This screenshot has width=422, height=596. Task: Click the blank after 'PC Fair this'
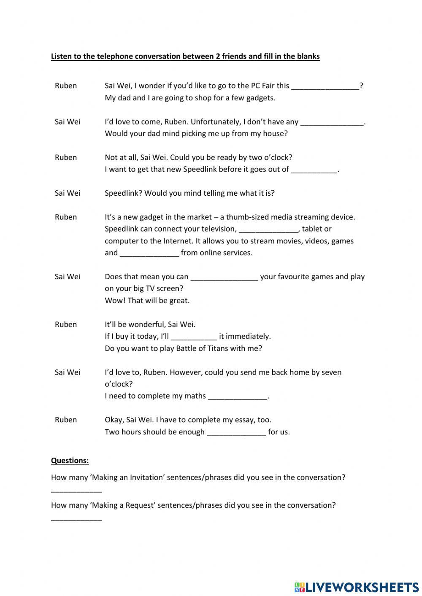[325, 86]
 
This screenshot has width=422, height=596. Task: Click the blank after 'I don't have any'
[332, 122]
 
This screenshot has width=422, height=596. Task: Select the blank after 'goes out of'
[314, 170]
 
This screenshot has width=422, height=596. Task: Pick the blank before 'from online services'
[149, 253]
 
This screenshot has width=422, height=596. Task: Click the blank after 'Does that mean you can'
[224, 277]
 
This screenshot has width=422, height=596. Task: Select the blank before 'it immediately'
[194, 337]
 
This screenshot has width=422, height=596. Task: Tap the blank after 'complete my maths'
[238, 396]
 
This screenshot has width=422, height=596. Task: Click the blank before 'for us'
[237, 432]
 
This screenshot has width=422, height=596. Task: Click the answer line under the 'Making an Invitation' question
[76, 491]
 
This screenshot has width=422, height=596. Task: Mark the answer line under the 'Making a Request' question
[76, 518]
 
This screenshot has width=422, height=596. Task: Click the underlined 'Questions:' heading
[70, 461]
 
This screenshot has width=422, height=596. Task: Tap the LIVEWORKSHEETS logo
[357, 587]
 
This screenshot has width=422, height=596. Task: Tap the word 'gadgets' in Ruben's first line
[260, 98]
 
